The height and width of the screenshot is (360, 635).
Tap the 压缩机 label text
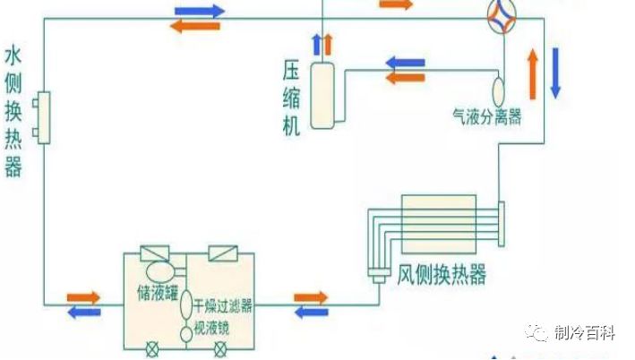[x=291, y=96]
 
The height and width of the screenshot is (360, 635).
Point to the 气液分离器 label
[x=487, y=118]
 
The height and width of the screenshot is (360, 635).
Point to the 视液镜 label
[x=212, y=329]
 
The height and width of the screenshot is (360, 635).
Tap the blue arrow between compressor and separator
[x=408, y=63]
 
